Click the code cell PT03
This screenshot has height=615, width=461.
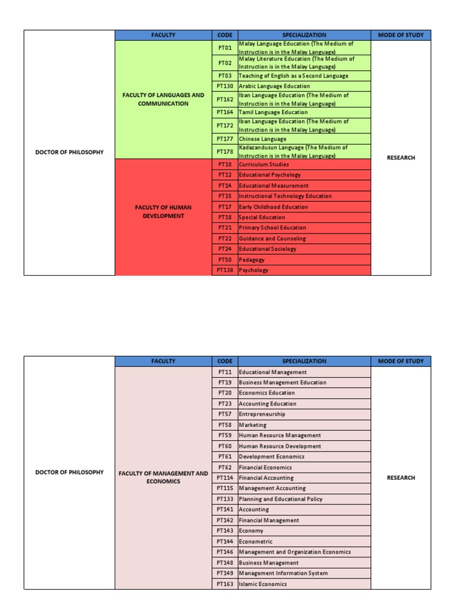click(x=224, y=76)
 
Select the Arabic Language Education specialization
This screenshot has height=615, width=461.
click(x=274, y=86)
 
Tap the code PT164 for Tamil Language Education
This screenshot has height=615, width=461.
click(x=224, y=112)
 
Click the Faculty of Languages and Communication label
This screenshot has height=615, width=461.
click(x=163, y=99)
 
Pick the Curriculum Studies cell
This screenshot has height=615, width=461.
click(x=264, y=165)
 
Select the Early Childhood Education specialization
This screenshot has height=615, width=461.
click(x=273, y=207)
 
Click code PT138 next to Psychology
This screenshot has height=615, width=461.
click(x=224, y=270)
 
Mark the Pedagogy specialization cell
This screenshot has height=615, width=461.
click(x=252, y=260)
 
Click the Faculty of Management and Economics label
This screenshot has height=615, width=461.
click(x=163, y=477)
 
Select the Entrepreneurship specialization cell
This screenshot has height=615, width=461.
click(x=262, y=414)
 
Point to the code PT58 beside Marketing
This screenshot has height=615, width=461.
click(x=224, y=425)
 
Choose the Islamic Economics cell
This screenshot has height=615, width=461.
click(x=263, y=584)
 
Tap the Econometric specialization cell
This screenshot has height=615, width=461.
click(x=256, y=542)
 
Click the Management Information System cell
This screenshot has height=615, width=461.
click(x=283, y=574)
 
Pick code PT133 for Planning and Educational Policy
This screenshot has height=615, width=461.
click(x=224, y=499)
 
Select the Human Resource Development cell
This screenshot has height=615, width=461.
click(x=280, y=446)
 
